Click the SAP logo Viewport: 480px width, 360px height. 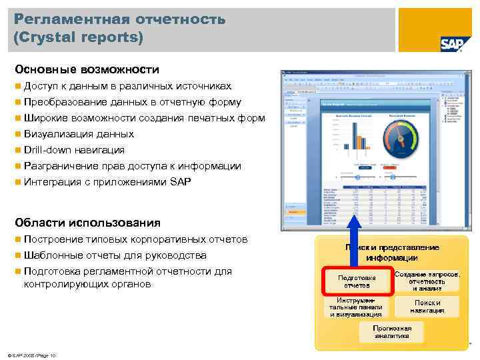pos(452,43)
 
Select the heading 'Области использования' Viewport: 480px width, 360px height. pos(87,223)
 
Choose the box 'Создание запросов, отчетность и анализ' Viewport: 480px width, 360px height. pos(427,281)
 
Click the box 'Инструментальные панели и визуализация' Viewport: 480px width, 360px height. pos(356,307)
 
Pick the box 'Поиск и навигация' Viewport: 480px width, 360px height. pos(427,307)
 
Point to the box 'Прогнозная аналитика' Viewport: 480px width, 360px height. pos(392,332)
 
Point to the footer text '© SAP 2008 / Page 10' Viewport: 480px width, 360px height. pos(31,355)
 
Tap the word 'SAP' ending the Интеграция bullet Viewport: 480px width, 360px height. pos(180,182)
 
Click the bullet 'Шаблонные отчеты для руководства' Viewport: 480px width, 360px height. pos(115,255)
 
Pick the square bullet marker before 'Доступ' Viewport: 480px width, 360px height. pos(17,87)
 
